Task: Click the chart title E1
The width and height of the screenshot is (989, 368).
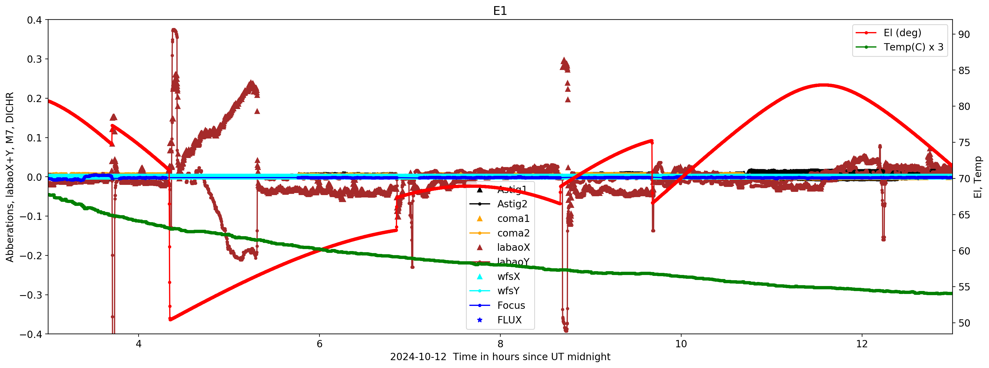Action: coord(500,11)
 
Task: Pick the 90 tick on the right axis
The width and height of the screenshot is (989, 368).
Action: coord(964,34)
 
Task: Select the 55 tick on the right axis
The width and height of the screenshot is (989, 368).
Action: coord(964,287)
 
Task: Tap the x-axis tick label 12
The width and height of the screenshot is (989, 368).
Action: coord(862,344)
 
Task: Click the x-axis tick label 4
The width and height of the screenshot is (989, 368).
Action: coord(139,344)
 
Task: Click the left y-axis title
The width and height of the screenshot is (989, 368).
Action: coord(10,177)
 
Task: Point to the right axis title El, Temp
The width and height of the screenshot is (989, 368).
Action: coord(978,177)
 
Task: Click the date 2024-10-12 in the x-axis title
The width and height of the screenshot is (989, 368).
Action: coord(418,357)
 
